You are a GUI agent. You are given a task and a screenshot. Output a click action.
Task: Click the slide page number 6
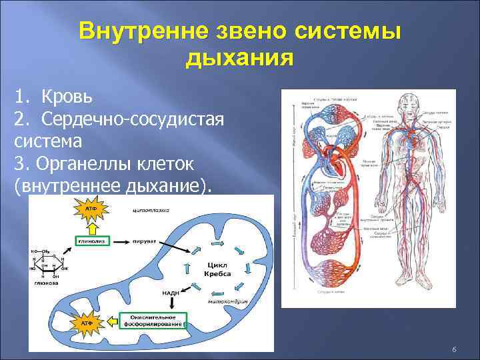coord(453,350)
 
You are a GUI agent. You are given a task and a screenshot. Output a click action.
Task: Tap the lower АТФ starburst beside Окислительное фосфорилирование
coord(87,323)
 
